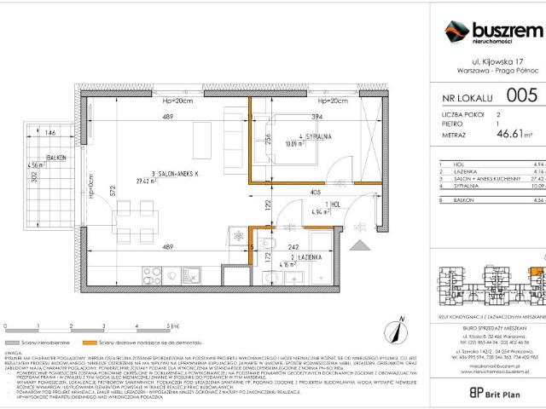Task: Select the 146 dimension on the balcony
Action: [x=50, y=134]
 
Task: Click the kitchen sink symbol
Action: [x=194, y=275]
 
